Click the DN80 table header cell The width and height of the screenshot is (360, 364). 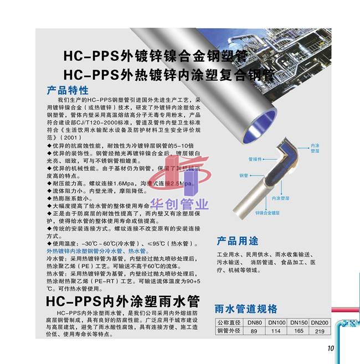[x=254, y=323]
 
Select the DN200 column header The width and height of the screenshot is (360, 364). [x=320, y=323]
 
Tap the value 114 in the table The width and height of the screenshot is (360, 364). [x=277, y=331]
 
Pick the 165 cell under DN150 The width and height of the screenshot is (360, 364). [x=298, y=331]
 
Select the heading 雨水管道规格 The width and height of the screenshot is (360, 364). [x=246, y=309]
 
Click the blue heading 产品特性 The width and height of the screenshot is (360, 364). [x=69, y=90]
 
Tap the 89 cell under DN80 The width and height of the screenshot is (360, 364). [x=254, y=331]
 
